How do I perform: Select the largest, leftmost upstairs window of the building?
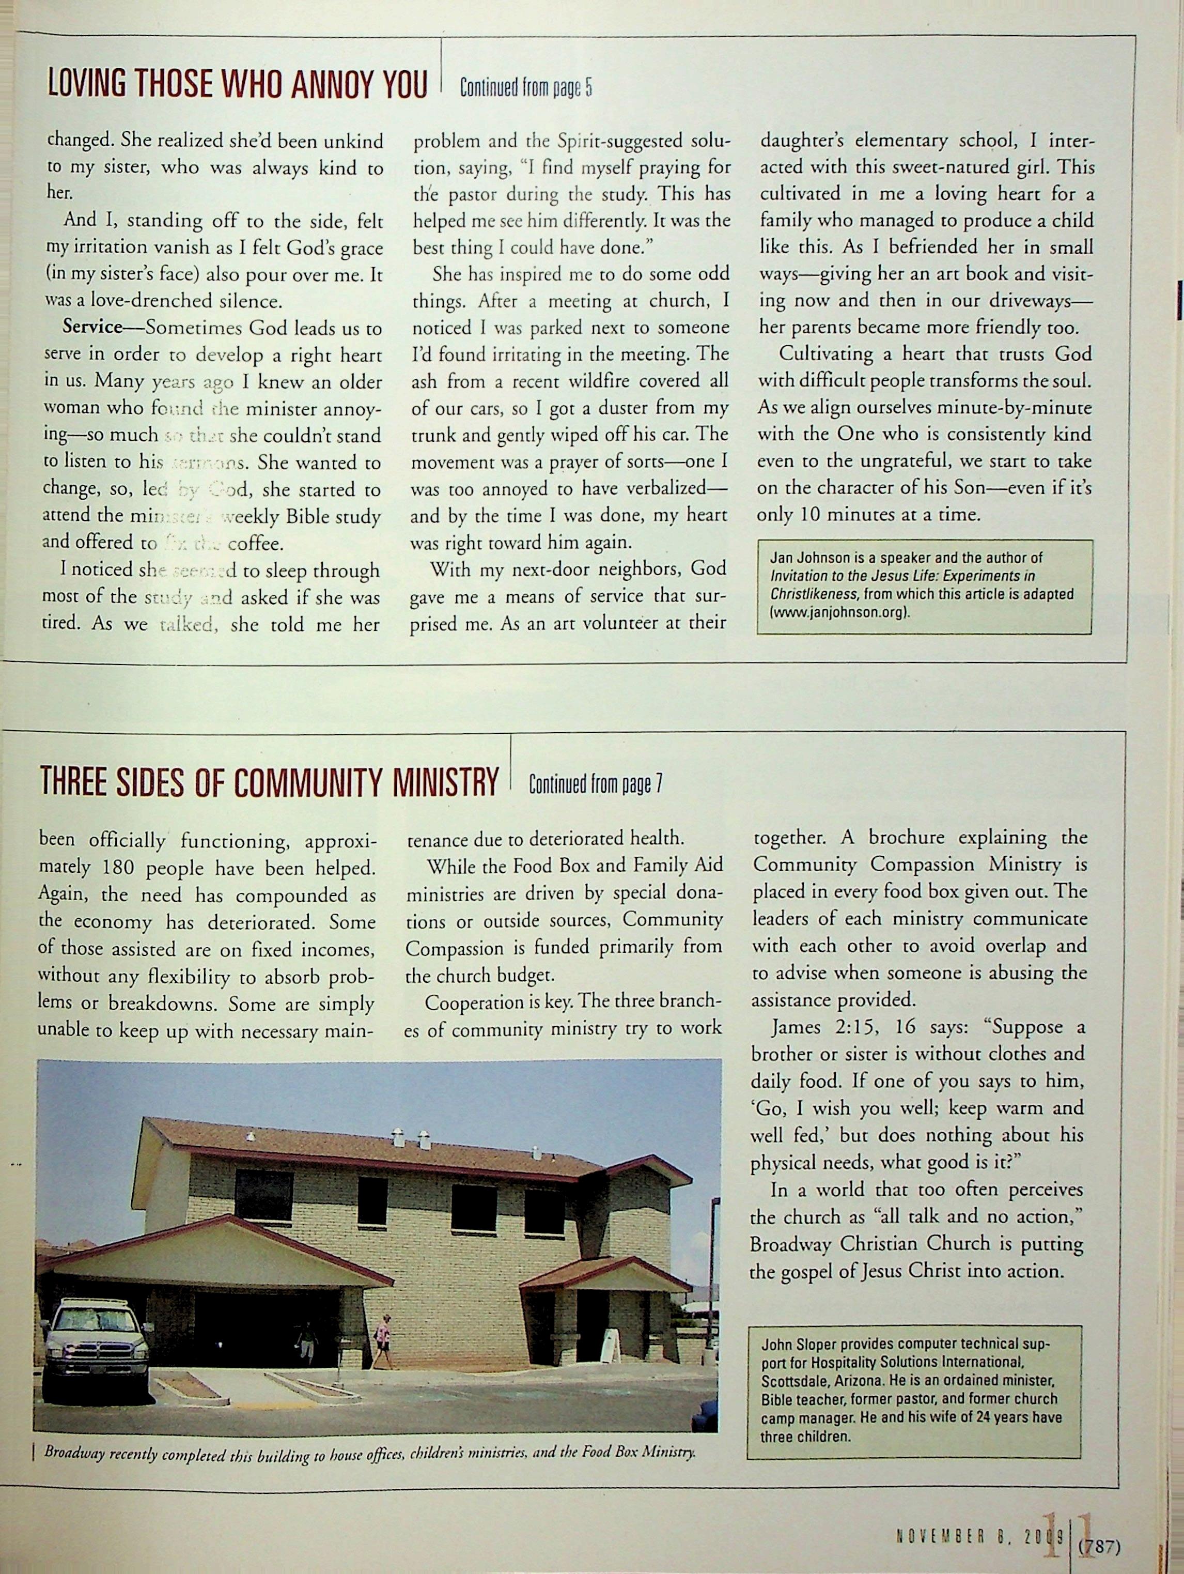tap(264, 1197)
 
